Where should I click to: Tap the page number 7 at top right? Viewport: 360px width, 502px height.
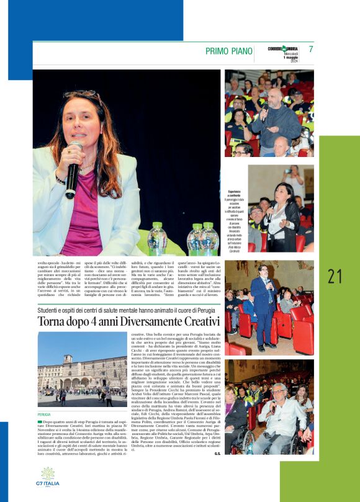pyautogui.click(x=311, y=50)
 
